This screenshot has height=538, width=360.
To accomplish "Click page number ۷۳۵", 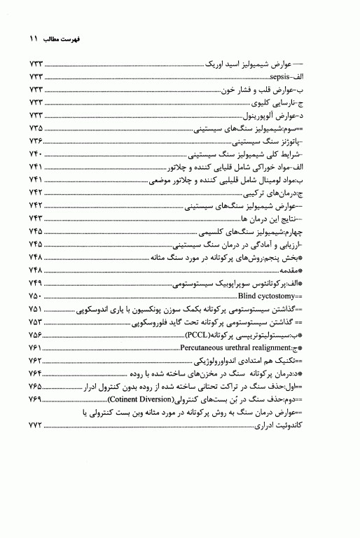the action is [x=35, y=130].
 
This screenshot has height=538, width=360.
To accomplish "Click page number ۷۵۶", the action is [x=35, y=336].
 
